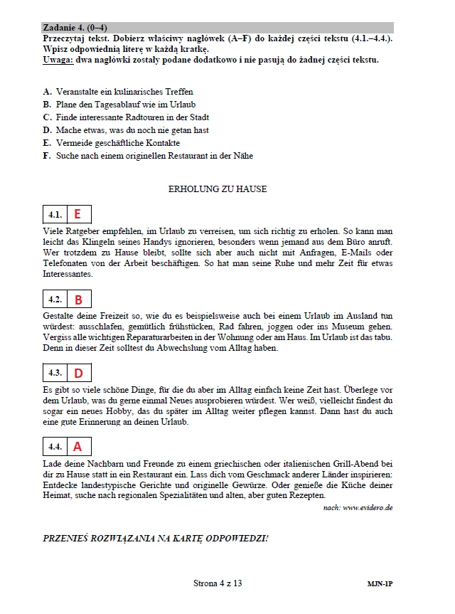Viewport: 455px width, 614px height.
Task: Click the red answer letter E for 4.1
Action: point(77,213)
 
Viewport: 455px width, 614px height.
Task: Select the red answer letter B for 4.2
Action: point(78,300)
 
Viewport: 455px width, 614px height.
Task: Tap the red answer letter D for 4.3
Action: point(78,373)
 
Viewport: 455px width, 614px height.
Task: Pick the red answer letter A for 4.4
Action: point(77,447)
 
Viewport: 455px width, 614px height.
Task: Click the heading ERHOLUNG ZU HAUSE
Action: point(218,189)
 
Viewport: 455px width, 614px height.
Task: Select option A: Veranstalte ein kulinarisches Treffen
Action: point(118,92)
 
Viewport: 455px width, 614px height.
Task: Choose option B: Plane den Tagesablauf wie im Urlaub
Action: point(119,105)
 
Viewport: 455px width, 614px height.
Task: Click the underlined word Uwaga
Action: point(58,60)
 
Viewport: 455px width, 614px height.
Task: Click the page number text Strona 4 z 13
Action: point(218,583)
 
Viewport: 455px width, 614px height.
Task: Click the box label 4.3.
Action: point(55,373)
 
